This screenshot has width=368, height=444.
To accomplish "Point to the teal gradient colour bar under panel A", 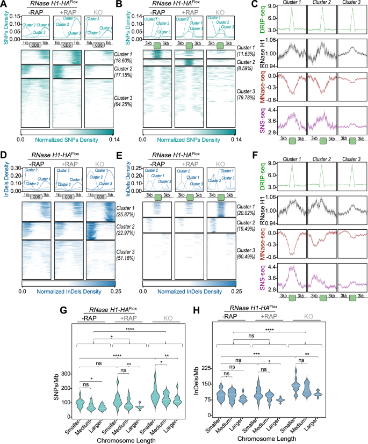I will pyautogui.click(x=66, y=131).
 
